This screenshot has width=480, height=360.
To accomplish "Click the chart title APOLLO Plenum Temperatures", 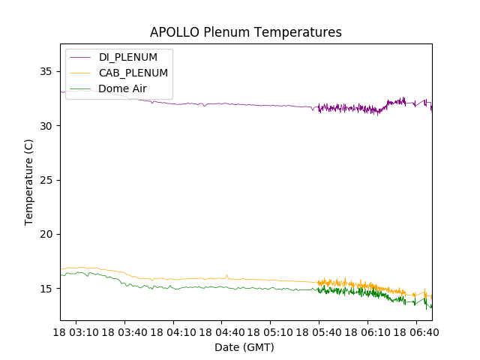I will [x=245, y=32].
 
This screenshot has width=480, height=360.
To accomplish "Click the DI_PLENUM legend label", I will [x=127, y=57].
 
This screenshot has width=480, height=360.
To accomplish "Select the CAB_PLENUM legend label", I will [x=133, y=73].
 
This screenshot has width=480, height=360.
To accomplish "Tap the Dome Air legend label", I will [x=122, y=88].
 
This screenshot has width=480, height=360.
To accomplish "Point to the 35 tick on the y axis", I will [x=47, y=71].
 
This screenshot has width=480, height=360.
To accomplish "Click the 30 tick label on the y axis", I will [x=47, y=126].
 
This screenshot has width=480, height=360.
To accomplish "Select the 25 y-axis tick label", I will [x=47, y=180].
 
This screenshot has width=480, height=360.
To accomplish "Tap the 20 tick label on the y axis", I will [x=47, y=234].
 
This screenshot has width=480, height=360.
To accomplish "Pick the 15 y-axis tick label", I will [x=47, y=289].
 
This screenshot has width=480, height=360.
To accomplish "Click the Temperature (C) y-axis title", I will [x=29, y=181].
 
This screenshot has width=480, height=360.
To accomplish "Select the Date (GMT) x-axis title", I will [x=244, y=347].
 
